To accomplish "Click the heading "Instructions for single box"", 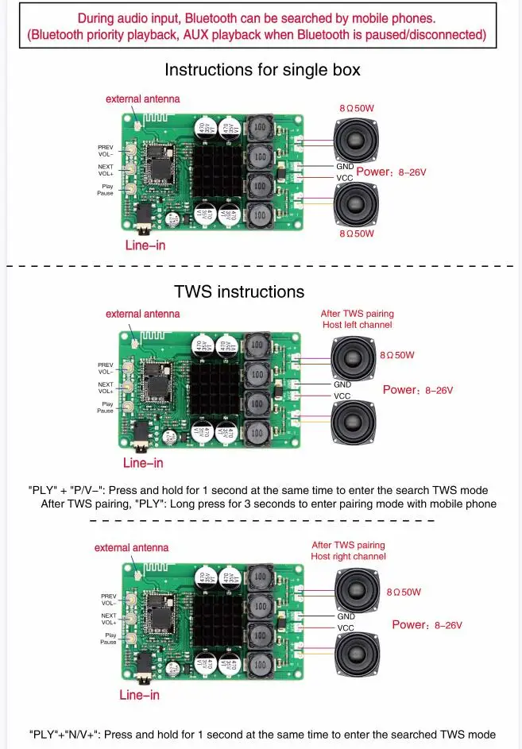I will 262,70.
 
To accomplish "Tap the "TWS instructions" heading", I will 239,291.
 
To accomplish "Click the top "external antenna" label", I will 143,99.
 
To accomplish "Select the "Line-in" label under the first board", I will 145,245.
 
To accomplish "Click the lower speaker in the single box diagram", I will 355,204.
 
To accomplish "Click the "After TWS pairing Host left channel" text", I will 357,319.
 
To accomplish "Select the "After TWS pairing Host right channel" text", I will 348,550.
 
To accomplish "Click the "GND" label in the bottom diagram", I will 346,616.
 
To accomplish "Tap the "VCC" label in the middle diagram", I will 342,396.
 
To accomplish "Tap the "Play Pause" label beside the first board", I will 106,190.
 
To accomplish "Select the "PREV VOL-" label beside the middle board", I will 106,368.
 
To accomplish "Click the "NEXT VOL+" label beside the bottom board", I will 109,619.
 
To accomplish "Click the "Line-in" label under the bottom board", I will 139,695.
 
